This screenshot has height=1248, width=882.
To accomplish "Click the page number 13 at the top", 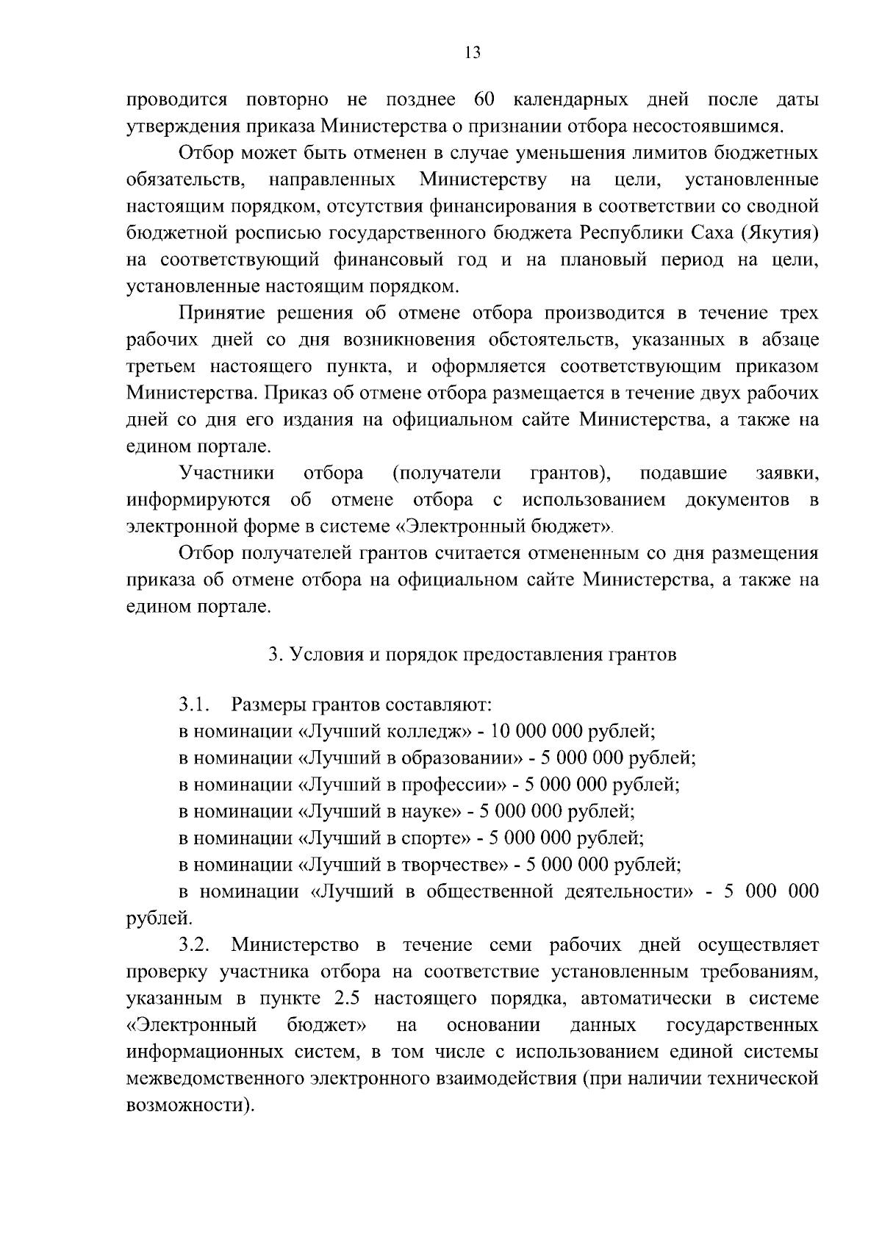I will [473, 52].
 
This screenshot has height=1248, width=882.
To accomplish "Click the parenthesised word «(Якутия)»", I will [780, 233].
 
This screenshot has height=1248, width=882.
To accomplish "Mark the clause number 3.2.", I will [195, 944].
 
